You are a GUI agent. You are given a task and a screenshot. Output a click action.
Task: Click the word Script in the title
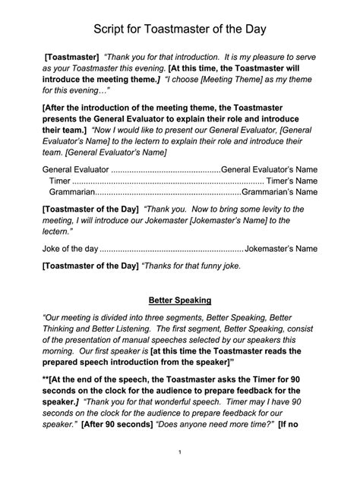coord(111,30)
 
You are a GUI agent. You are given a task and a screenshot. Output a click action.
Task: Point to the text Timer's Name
coord(293,182)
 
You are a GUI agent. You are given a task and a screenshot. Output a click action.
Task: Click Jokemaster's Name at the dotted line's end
coord(282,248)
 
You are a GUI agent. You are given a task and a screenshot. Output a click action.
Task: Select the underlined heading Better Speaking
coord(180,300)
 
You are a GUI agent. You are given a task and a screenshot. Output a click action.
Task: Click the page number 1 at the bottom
coord(180,453)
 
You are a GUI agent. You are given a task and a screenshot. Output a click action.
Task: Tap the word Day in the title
coord(254,30)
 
